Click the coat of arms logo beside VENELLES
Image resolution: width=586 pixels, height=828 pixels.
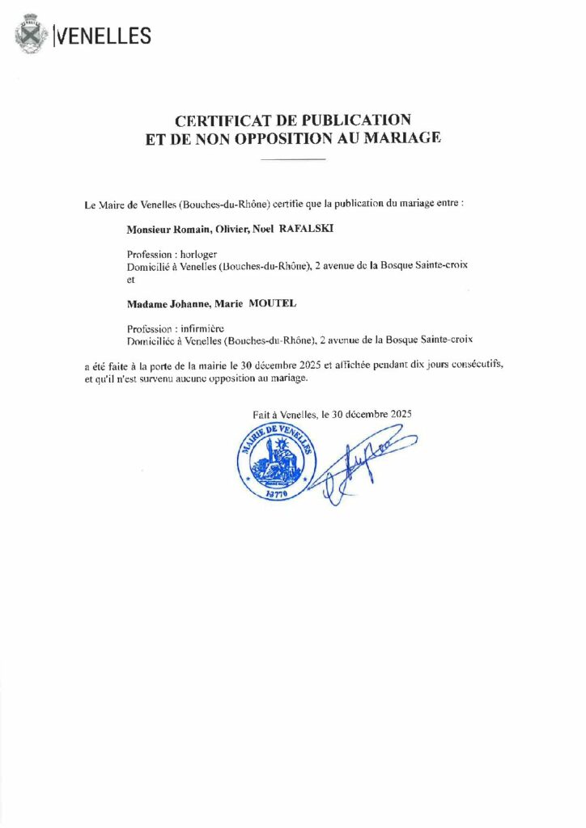coord(32,36)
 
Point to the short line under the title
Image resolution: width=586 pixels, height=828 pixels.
coord(293,160)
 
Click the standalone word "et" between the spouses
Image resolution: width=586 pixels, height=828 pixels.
coord(132,278)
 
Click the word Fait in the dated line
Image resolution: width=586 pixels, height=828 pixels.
coord(262,414)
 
